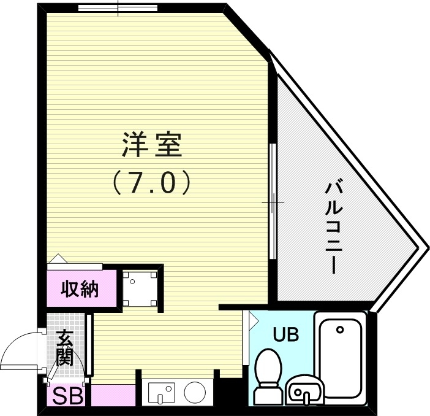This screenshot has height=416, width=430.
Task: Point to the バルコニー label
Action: click(334, 226)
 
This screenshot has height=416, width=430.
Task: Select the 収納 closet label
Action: click(80, 289)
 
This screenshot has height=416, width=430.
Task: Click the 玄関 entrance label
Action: click(64, 347)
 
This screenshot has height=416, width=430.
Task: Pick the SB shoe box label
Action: click(67, 396)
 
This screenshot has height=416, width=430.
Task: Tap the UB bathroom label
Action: click(285, 335)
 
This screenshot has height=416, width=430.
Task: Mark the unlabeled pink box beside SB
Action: click(113, 396)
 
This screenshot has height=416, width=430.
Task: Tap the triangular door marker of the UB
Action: click(247, 321)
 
